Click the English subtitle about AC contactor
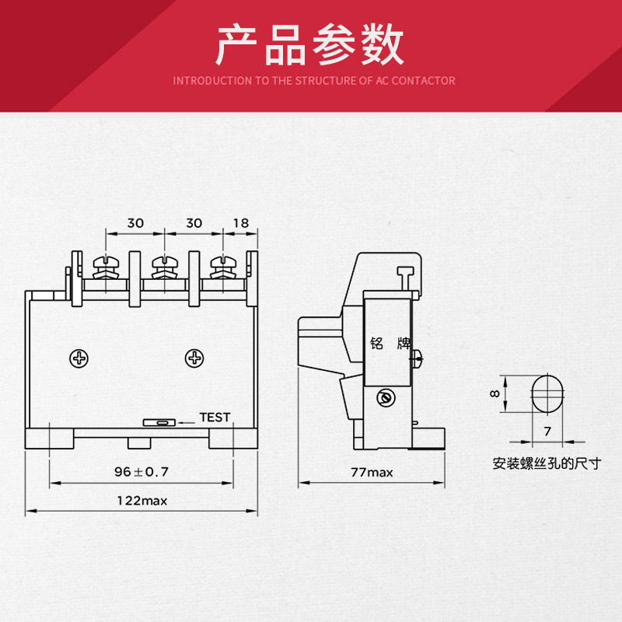(x=313, y=80)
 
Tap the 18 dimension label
(x=240, y=223)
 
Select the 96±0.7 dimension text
(x=142, y=471)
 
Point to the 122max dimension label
(x=142, y=501)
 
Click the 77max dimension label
(x=371, y=472)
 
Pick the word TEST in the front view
(x=215, y=417)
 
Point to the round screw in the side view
(x=382, y=398)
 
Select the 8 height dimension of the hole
(x=494, y=393)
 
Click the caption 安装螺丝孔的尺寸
(x=547, y=464)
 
